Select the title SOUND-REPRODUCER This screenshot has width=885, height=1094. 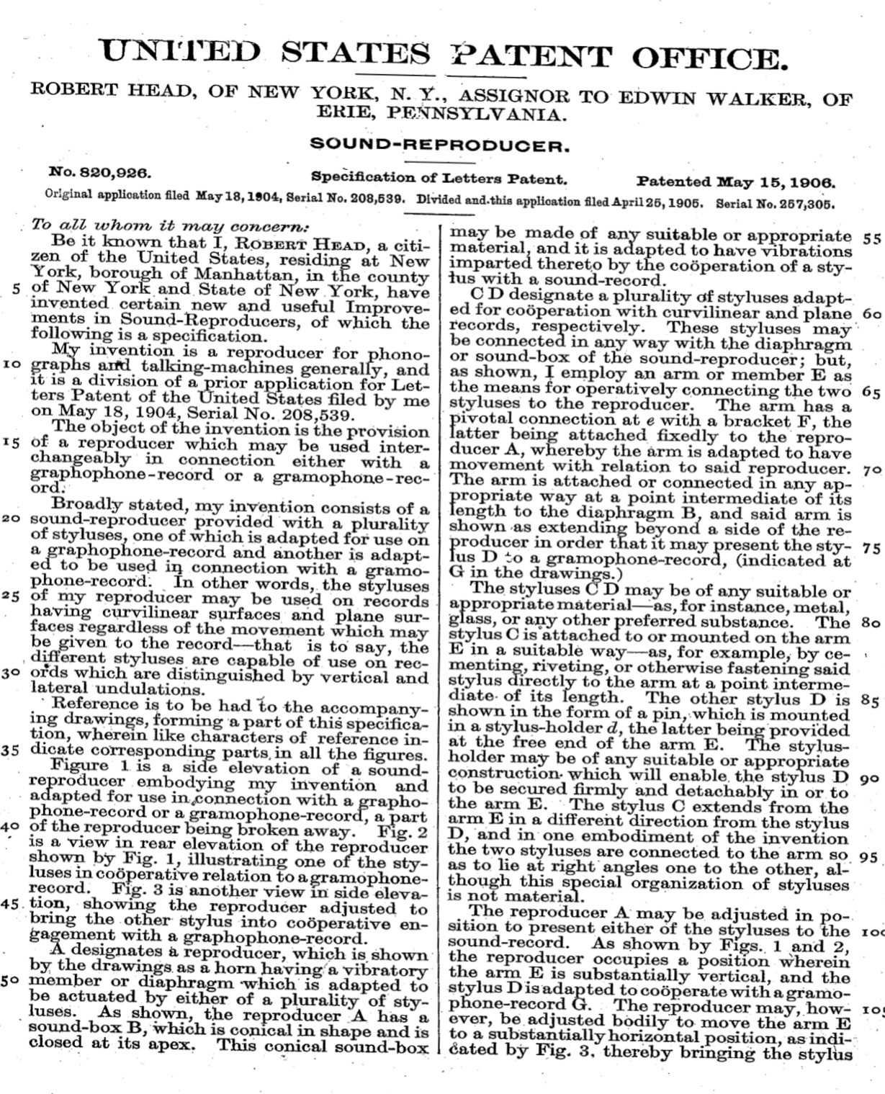coord(439,146)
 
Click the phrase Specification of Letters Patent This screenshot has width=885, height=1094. coord(439,177)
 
